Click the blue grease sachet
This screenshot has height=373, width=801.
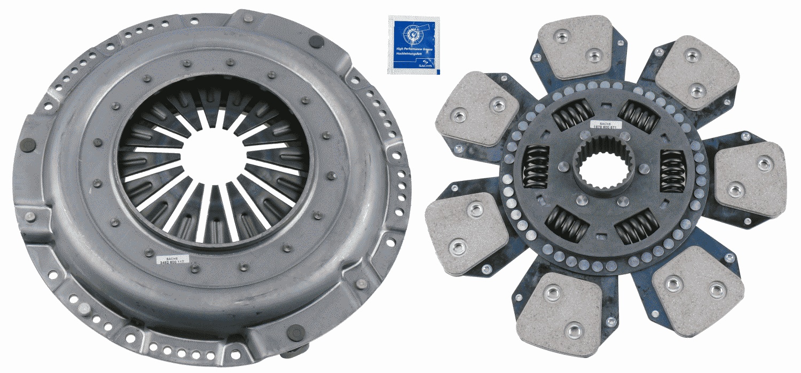coord(413,45)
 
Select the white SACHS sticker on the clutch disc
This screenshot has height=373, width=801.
coord(606,126)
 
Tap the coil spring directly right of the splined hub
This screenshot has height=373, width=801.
coord(672,170)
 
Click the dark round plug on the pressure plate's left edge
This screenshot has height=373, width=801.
coord(29,145)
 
